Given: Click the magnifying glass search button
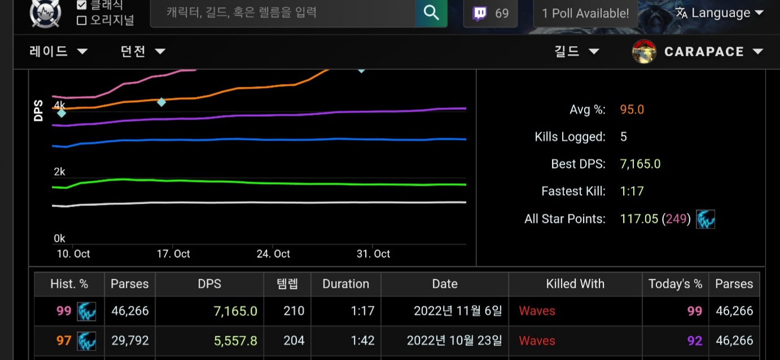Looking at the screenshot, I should (x=431, y=12).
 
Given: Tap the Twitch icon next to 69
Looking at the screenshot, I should (x=480, y=13).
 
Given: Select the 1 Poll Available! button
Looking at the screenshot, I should (x=585, y=14).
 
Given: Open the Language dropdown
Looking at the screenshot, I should (x=720, y=13).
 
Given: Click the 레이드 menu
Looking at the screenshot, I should (x=58, y=51).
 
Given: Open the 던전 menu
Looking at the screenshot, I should (x=143, y=51).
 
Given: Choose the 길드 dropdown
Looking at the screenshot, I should (x=576, y=51).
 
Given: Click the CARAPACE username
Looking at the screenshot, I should (x=704, y=52).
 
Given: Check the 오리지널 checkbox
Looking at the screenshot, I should (x=82, y=21).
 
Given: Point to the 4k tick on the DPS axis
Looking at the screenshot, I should (x=59, y=105).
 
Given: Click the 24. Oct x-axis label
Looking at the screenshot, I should (x=273, y=254).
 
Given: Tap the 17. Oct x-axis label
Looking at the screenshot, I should (x=173, y=254).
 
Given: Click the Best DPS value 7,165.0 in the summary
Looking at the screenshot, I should (x=640, y=164).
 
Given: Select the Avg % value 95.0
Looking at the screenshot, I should (x=632, y=109).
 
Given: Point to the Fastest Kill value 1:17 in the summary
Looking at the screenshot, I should (x=632, y=191).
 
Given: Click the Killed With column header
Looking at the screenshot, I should (x=575, y=284).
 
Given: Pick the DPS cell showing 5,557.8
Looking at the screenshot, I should (x=235, y=341).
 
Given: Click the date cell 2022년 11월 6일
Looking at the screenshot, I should (x=457, y=311).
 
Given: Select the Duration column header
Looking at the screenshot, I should (x=345, y=284).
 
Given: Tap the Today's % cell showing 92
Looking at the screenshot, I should (x=694, y=341).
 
